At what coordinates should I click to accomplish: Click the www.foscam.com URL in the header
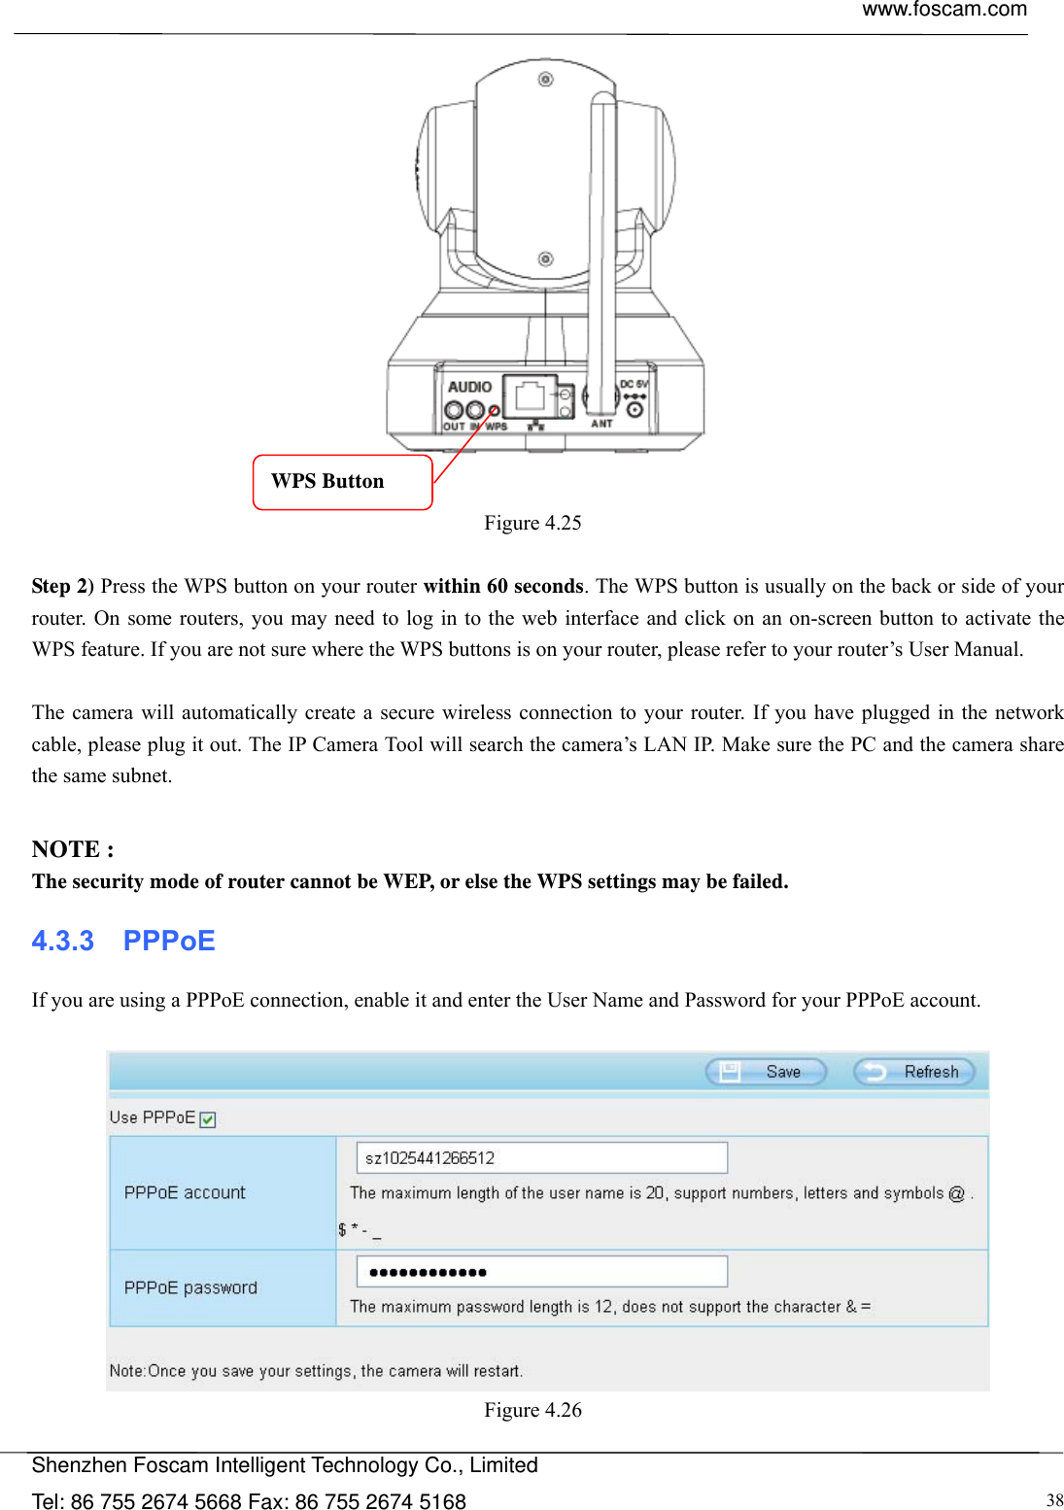(x=944, y=10)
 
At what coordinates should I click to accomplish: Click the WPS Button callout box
(x=342, y=482)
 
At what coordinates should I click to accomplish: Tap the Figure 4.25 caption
(x=532, y=523)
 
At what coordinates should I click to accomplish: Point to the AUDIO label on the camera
(x=469, y=387)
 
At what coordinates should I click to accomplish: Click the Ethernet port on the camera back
(x=530, y=396)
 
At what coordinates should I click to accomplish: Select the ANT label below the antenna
(x=601, y=424)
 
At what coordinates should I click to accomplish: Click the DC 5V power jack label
(x=634, y=385)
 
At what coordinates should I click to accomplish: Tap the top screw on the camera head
(x=546, y=79)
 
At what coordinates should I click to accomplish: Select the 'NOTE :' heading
(x=73, y=849)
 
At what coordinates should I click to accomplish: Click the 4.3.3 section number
(x=62, y=941)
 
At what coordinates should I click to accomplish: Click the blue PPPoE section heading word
(x=169, y=941)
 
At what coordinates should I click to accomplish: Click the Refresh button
(x=913, y=1072)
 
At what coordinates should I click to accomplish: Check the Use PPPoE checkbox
(x=208, y=1119)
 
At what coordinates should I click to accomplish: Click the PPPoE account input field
(x=541, y=1158)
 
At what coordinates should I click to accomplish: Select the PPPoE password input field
(x=541, y=1272)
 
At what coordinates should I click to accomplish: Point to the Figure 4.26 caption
(x=532, y=1410)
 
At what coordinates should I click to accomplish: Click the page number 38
(x=1053, y=1499)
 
